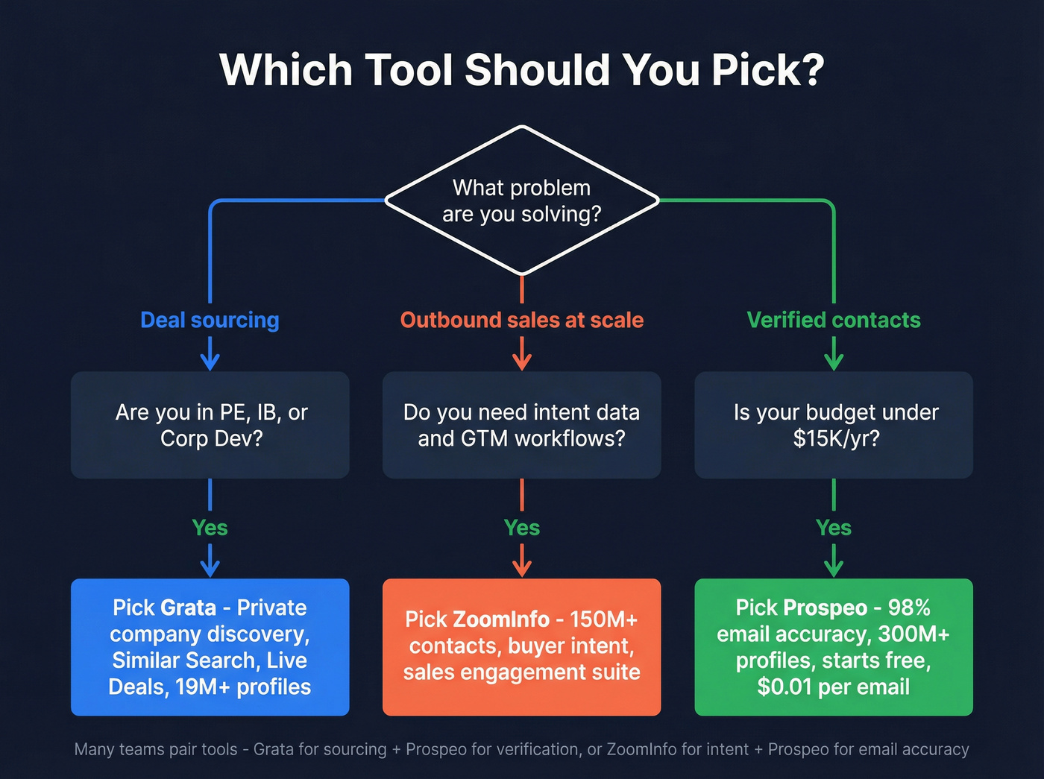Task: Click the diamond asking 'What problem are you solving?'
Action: point(522,201)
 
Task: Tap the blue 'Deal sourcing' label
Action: point(210,320)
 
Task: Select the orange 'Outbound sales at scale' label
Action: point(522,320)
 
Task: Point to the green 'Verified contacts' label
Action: point(834,320)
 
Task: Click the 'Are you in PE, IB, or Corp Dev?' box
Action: point(210,425)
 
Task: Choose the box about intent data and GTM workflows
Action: point(522,425)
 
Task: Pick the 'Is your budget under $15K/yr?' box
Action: point(834,425)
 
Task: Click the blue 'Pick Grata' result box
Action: point(210,647)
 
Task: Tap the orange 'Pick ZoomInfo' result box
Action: point(522,647)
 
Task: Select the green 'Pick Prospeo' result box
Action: point(834,647)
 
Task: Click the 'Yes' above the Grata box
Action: point(210,528)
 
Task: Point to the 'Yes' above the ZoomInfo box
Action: point(522,528)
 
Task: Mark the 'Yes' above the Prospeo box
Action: point(834,528)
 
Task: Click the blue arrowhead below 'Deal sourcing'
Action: point(210,362)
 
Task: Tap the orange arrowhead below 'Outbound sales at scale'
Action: point(522,362)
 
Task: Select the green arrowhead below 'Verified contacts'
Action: point(834,362)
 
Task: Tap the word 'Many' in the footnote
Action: point(93,749)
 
